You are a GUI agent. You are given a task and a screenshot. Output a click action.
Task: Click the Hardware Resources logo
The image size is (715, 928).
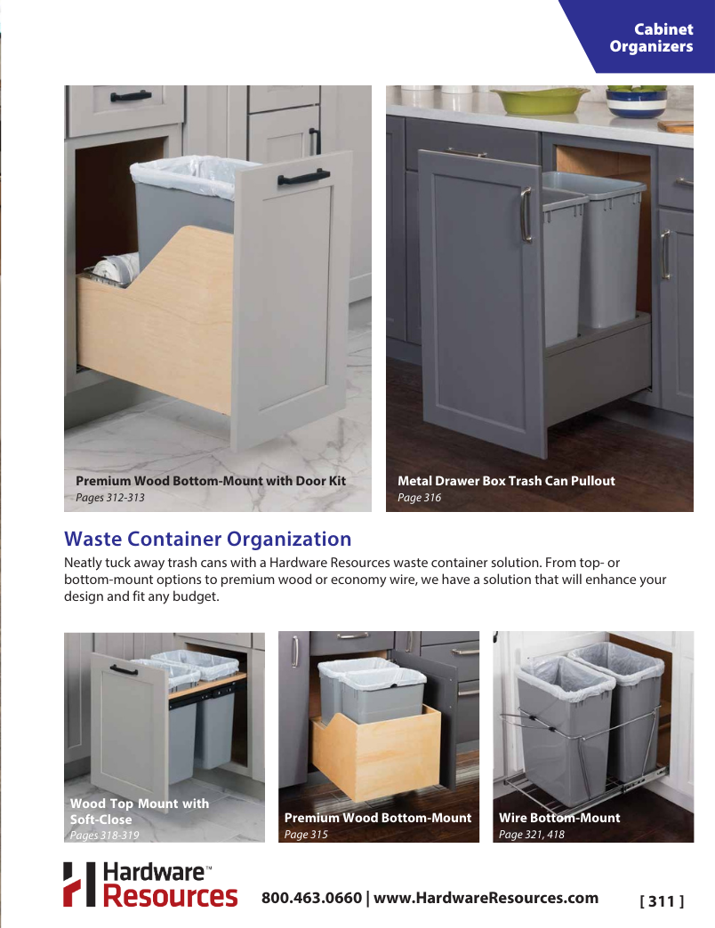[x=149, y=884]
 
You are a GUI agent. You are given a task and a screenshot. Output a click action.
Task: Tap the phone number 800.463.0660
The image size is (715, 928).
[x=311, y=898]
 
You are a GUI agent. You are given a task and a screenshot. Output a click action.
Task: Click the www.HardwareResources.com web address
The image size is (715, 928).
[x=486, y=898]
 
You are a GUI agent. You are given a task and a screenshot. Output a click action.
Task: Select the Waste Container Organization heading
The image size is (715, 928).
[x=207, y=539]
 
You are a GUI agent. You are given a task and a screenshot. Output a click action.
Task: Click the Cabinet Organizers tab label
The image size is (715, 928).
[x=651, y=38]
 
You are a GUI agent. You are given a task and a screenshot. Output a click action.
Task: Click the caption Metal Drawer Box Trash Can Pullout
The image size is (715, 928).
[x=506, y=481]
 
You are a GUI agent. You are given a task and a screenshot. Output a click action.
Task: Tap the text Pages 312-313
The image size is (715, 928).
[x=109, y=498]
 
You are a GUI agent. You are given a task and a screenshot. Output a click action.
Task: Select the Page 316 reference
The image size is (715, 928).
[x=419, y=498]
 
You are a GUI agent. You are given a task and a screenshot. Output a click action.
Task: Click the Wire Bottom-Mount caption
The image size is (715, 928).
[x=559, y=818]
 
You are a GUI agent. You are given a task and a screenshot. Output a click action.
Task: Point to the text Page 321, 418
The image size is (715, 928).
[x=531, y=835]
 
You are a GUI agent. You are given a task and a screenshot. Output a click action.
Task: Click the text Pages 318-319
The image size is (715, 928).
[x=104, y=836]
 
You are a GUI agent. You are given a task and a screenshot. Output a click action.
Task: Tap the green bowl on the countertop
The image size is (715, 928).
[x=540, y=100]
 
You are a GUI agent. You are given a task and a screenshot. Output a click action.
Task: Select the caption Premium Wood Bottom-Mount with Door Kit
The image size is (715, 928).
[x=210, y=481]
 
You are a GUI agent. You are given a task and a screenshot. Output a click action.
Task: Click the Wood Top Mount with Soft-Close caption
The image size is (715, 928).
[x=140, y=812]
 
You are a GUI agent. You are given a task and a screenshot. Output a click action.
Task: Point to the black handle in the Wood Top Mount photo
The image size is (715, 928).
[x=124, y=669]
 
